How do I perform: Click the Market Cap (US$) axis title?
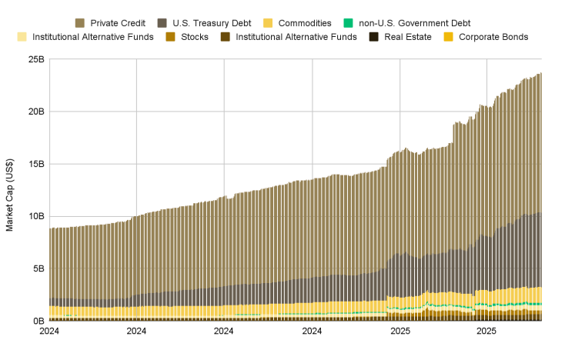point(10,190)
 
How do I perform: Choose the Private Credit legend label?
point(118,23)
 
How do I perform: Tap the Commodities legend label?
point(306,23)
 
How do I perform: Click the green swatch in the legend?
point(348,23)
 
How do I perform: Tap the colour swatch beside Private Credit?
point(80,23)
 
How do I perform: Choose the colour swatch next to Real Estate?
point(374,37)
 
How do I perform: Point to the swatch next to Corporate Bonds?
point(449,37)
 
